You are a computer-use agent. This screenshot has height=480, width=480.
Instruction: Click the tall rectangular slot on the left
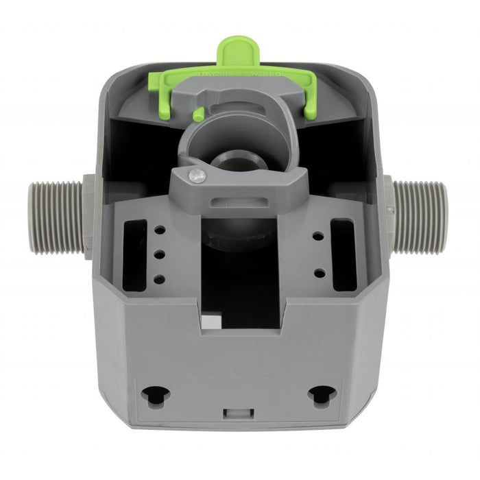135,254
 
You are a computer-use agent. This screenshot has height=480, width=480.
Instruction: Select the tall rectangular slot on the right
343,245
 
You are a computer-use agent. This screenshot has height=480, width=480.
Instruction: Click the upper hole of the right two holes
319,236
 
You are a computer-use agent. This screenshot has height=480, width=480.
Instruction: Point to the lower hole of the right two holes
319,272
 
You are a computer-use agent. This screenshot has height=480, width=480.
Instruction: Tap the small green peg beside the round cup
197,114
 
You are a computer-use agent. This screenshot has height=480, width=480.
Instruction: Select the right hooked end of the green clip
309,103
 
